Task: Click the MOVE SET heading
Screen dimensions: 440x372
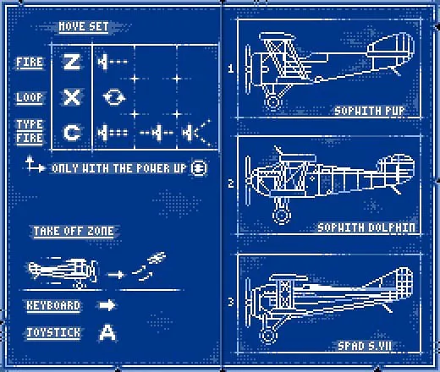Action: (84, 27)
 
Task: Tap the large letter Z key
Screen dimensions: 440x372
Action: (72, 61)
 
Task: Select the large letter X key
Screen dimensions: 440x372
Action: (72, 97)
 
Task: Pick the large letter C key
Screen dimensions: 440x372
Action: (72, 133)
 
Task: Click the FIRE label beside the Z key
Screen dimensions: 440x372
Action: (30, 63)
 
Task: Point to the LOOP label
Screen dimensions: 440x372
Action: (30, 97)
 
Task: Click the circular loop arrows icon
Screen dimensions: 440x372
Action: (114, 97)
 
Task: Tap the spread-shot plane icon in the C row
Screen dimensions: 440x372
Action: (196, 133)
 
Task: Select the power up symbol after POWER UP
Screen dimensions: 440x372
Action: (199, 168)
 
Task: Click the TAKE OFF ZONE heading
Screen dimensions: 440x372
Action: (74, 232)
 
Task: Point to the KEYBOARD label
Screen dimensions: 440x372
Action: (53, 306)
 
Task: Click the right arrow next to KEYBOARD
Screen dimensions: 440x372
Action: (107, 305)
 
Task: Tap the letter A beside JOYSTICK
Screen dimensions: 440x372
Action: (107, 332)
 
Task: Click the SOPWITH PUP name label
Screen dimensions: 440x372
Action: (370, 111)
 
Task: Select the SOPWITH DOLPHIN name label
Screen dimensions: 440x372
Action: (366, 227)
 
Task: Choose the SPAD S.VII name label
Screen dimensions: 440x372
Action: (365, 346)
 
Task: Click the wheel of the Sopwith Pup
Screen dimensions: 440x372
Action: (272, 102)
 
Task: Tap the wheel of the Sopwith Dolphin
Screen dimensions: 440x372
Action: (281, 216)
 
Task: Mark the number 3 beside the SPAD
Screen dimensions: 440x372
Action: (231, 302)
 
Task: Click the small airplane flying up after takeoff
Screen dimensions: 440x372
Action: (157, 258)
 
